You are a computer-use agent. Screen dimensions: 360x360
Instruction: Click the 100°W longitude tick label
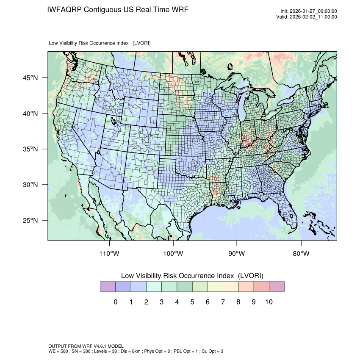coord(173,254)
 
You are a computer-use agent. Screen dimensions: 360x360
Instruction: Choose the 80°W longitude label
coord(301,254)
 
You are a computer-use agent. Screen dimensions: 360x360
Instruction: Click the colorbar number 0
coord(116,302)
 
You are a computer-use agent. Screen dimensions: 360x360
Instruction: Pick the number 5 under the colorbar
coord(192,302)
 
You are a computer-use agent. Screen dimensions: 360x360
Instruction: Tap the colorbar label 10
coord(269,302)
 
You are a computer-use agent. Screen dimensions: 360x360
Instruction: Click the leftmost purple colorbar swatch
coord(108,287)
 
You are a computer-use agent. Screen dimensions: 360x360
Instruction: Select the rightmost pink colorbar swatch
coord(277,287)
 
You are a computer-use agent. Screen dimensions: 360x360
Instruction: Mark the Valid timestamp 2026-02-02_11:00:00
coord(313,17)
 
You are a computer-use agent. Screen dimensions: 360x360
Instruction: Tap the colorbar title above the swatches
coord(192,275)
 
